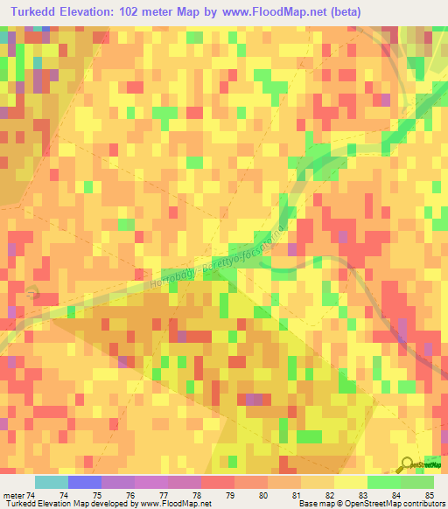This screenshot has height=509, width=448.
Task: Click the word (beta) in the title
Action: pyautogui.click(x=355, y=10)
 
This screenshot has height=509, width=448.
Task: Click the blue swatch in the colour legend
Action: pyautogui.click(x=84, y=482)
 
